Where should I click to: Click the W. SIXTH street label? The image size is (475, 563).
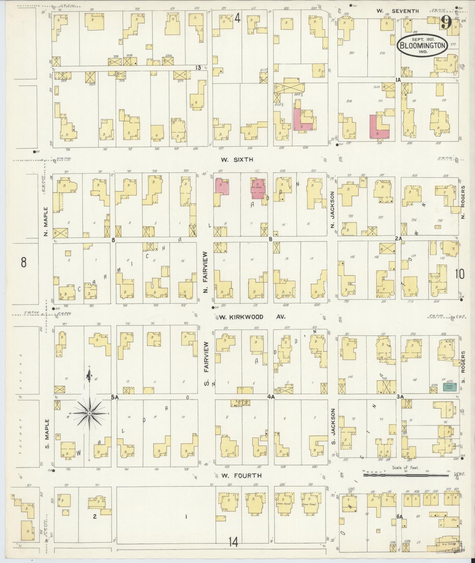pyautogui.click(x=237, y=160)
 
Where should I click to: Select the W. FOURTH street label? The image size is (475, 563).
pyautogui.click(x=241, y=475)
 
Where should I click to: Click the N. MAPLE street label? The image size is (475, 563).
pyautogui.click(x=46, y=221)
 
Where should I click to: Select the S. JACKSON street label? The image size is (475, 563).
pyautogui.click(x=333, y=422)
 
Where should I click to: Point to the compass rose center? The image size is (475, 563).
pyautogui.click(x=90, y=413)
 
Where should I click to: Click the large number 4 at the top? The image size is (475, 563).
pyautogui.click(x=237, y=19)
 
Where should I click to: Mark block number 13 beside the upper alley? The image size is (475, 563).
pyautogui.click(x=198, y=68)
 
